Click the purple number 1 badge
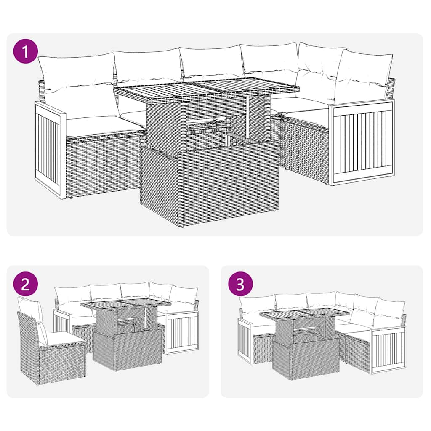pos(26,52)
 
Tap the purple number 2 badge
pos(26,285)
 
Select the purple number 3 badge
pos(240,285)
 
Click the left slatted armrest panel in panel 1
pos(50,149)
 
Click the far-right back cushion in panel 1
pos(363,76)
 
